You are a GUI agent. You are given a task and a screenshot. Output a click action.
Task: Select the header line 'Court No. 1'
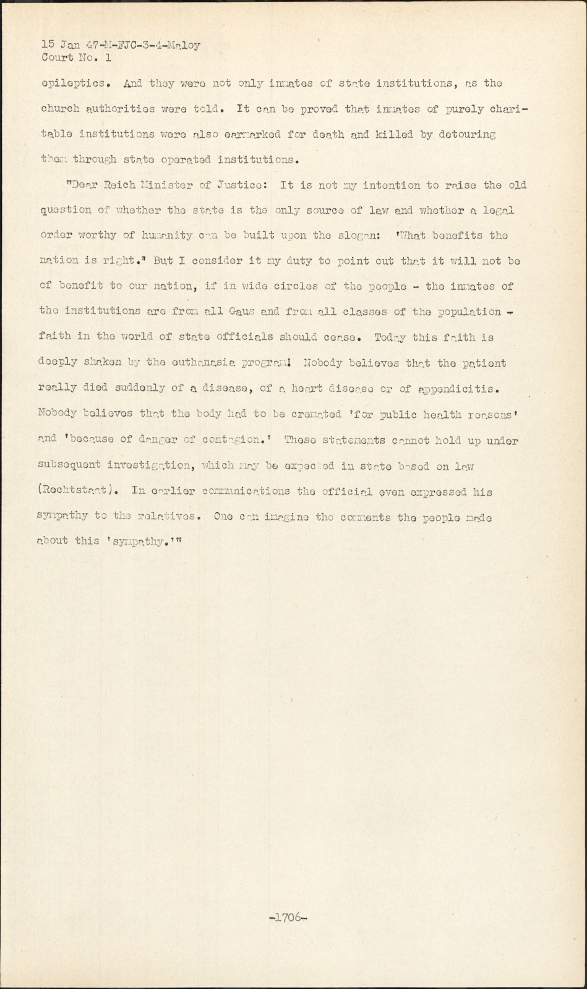pyautogui.click(x=76, y=57)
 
